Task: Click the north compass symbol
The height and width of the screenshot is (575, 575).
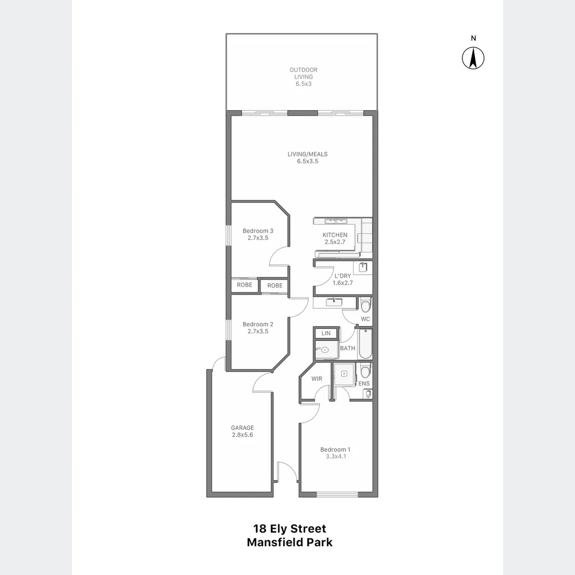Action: (x=472, y=57)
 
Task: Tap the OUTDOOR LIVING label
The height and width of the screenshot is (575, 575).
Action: (x=303, y=73)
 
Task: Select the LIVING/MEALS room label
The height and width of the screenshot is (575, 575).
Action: (x=308, y=154)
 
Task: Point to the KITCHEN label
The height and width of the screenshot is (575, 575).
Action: (x=335, y=235)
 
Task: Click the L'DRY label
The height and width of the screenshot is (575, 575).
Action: (x=342, y=276)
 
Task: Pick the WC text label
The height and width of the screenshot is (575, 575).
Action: (x=365, y=319)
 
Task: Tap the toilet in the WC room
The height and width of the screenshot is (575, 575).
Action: (x=365, y=305)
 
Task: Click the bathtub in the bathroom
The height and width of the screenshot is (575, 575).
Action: (x=365, y=343)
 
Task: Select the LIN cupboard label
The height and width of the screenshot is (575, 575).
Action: (x=326, y=333)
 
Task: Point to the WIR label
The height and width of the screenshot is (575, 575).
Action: (x=317, y=379)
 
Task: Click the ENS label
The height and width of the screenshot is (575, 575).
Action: (x=364, y=383)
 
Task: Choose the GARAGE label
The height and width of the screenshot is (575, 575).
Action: (x=242, y=428)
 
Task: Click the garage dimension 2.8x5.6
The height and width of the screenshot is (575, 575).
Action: (x=242, y=435)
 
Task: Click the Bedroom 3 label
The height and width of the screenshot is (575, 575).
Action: (x=258, y=231)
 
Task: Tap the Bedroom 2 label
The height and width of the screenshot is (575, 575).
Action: (x=258, y=324)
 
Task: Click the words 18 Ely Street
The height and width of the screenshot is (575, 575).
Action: (x=290, y=529)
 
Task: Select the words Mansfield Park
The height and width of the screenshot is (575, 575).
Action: (x=290, y=543)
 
